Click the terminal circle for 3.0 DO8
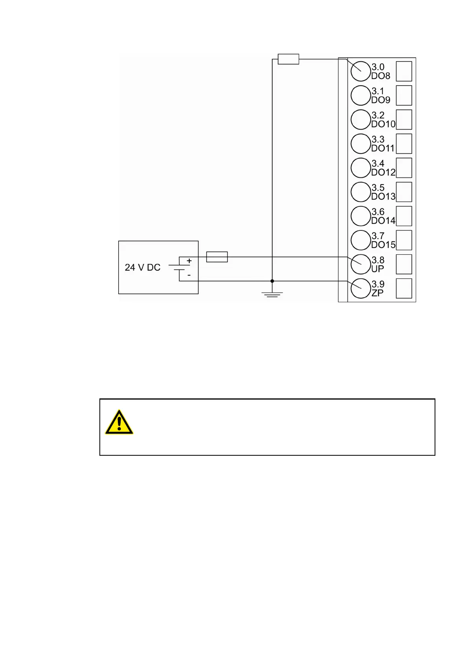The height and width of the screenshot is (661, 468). pos(360,71)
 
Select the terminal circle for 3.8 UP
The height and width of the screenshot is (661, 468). pos(360,264)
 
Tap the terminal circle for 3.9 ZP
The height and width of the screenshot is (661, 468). pos(360,289)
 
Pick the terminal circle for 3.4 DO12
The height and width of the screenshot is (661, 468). pos(360,168)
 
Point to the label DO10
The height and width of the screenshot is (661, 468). pos(383,124)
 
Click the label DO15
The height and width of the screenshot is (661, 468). pos(383,245)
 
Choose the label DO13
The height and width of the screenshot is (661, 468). pos(383,197)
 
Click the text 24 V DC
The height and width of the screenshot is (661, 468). pos(143,267)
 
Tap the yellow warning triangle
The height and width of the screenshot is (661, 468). pos(119,423)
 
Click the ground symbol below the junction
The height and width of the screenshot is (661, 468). pos(272,294)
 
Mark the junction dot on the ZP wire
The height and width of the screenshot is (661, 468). pos(272,281)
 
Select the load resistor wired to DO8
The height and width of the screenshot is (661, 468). pos(288,59)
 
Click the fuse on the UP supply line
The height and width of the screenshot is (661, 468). pos(217,257)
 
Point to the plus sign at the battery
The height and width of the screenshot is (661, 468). pos(189,261)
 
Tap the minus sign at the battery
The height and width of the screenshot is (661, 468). pos(189,276)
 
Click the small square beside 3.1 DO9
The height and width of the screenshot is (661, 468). pos(404,95)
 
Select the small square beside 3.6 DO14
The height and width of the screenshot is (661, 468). pos(404,216)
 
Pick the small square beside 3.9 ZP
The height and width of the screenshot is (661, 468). pos(404,289)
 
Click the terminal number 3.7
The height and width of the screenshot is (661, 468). pos(378,236)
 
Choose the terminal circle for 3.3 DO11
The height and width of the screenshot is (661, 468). pos(360,144)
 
